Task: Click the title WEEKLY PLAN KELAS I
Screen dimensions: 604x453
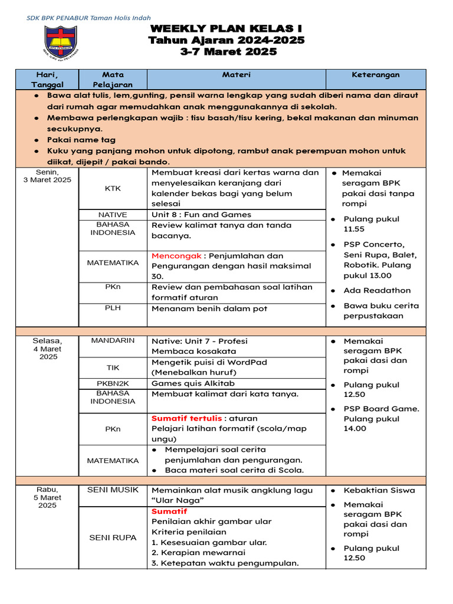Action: (226, 29)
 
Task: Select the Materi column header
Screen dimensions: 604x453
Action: (236, 75)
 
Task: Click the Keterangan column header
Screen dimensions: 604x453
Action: (376, 75)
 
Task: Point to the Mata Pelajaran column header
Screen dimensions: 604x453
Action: (113, 80)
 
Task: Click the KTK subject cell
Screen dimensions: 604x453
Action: (113, 189)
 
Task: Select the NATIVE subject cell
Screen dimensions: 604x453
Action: (113, 215)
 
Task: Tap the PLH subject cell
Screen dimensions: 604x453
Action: (113, 307)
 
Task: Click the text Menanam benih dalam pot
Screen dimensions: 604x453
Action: (209, 308)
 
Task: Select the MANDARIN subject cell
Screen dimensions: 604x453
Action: (113, 340)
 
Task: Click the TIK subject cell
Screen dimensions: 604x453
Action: (113, 367)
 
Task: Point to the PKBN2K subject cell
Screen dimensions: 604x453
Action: (113, 383)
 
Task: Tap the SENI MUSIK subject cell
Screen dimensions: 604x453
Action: (113, 490)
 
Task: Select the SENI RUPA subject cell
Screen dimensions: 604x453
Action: (113, 537)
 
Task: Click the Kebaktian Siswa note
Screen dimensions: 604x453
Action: (379, 490)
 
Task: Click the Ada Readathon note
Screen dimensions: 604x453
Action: (377, 290)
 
